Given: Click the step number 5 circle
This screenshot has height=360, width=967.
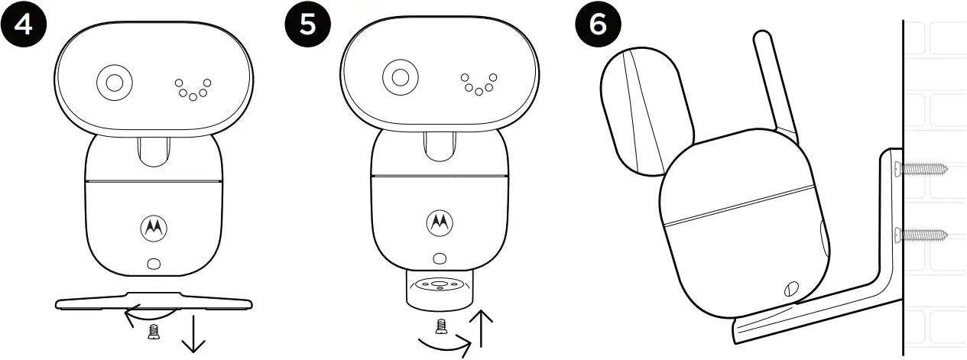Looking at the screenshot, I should click(307, 24).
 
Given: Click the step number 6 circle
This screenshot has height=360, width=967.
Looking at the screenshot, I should click(597, 24).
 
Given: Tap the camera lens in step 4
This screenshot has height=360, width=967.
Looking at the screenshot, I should click(115, 83).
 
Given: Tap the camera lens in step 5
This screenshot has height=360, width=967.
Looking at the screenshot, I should click(398, 77).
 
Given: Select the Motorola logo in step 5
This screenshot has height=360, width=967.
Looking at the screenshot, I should click(439, 222).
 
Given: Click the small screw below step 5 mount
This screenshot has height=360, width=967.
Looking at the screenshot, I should click(440, 327).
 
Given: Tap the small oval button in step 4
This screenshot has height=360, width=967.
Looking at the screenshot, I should click(153, 263).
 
